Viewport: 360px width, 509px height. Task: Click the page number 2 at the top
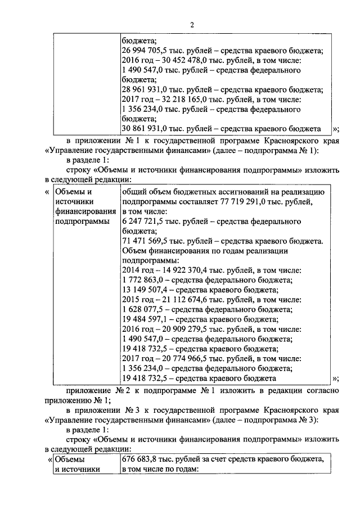click(192, 24)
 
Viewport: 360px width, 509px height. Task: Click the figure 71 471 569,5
click(143, 241)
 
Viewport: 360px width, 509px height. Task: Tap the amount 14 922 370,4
click(178, 271)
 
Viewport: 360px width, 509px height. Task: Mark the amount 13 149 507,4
click(143, 290)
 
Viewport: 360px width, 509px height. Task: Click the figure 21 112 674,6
click(178, 300)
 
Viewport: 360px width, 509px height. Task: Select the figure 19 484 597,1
click(143, 319)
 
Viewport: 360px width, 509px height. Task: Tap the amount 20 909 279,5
click(178, 329)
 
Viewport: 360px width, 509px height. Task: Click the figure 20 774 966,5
click(178, 358)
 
